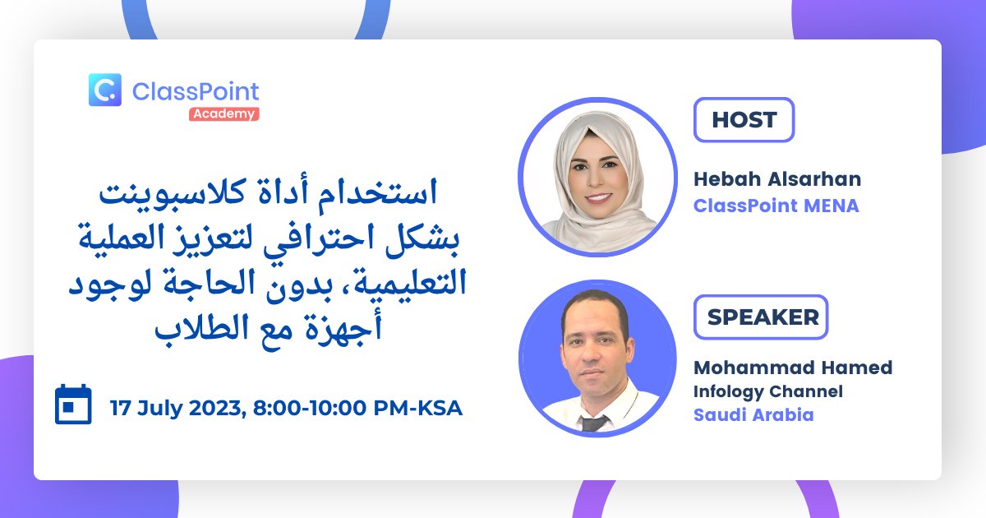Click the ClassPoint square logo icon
click(x=104, y=90)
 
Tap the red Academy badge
click(x=224, y=114)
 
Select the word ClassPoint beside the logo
click(x=195, y=91)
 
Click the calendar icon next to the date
click(x=73, y=405)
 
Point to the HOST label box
click(x=744, y=120)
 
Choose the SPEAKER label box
click(x=761, y=317)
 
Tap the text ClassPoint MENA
click(x=776, y=206)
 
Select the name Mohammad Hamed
click(x=792, y=368)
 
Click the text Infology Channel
click(x=767, y=391)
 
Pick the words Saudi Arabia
click(x=753, y=415)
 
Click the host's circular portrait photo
click(x=597, y=177)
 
